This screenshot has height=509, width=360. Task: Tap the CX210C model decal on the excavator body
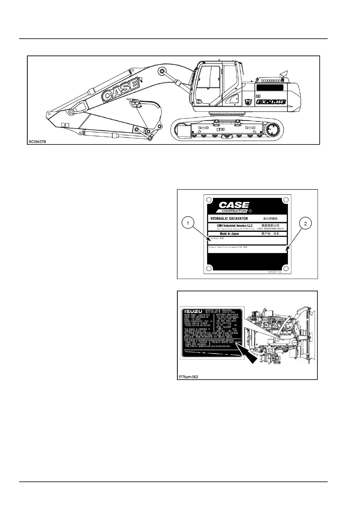coord(271,102)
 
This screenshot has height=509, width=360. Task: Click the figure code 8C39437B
coord(38,141)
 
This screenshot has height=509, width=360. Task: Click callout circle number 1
coord(188,224)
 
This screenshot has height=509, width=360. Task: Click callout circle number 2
coord(305,224)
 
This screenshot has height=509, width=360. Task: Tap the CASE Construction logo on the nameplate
coord(234,207)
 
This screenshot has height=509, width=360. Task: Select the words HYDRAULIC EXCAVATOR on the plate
coord(229,219)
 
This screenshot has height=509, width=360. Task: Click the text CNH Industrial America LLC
coord(235,226)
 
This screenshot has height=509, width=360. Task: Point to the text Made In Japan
coord(229,234)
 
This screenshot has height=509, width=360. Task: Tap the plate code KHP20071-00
coord(274,272)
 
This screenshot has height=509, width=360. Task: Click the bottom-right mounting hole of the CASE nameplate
coord(285,268)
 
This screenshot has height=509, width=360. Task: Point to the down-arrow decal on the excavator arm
coord(65,125)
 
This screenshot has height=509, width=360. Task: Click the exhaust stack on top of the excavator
coord(283,74)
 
